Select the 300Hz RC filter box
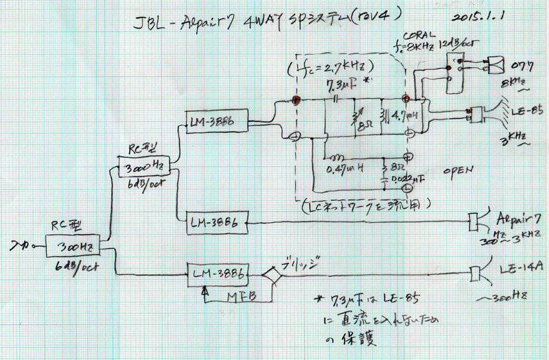(x=76, y=244)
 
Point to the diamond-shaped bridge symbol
(x=272, y=276)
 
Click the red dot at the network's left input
(x=297, y=100)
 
